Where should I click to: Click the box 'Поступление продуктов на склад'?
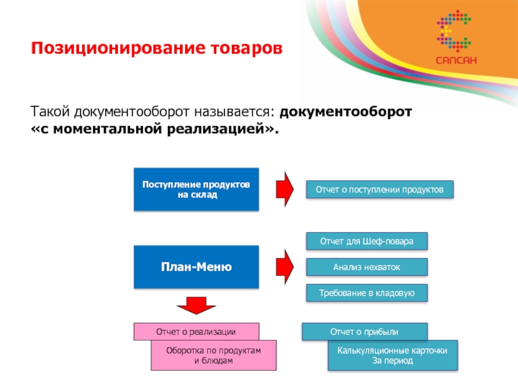click(196, 189)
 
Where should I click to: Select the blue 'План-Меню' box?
click(196, 266)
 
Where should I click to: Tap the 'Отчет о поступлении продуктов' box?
click(379, 189)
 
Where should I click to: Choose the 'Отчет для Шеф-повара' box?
click(366, 241)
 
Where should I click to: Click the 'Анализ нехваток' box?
click(366, 266)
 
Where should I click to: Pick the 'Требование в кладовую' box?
click(366, 293)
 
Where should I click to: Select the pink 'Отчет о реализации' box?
click(196, 331)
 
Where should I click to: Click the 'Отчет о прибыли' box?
click(365, 331)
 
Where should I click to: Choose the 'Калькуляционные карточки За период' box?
click(392, 355)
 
